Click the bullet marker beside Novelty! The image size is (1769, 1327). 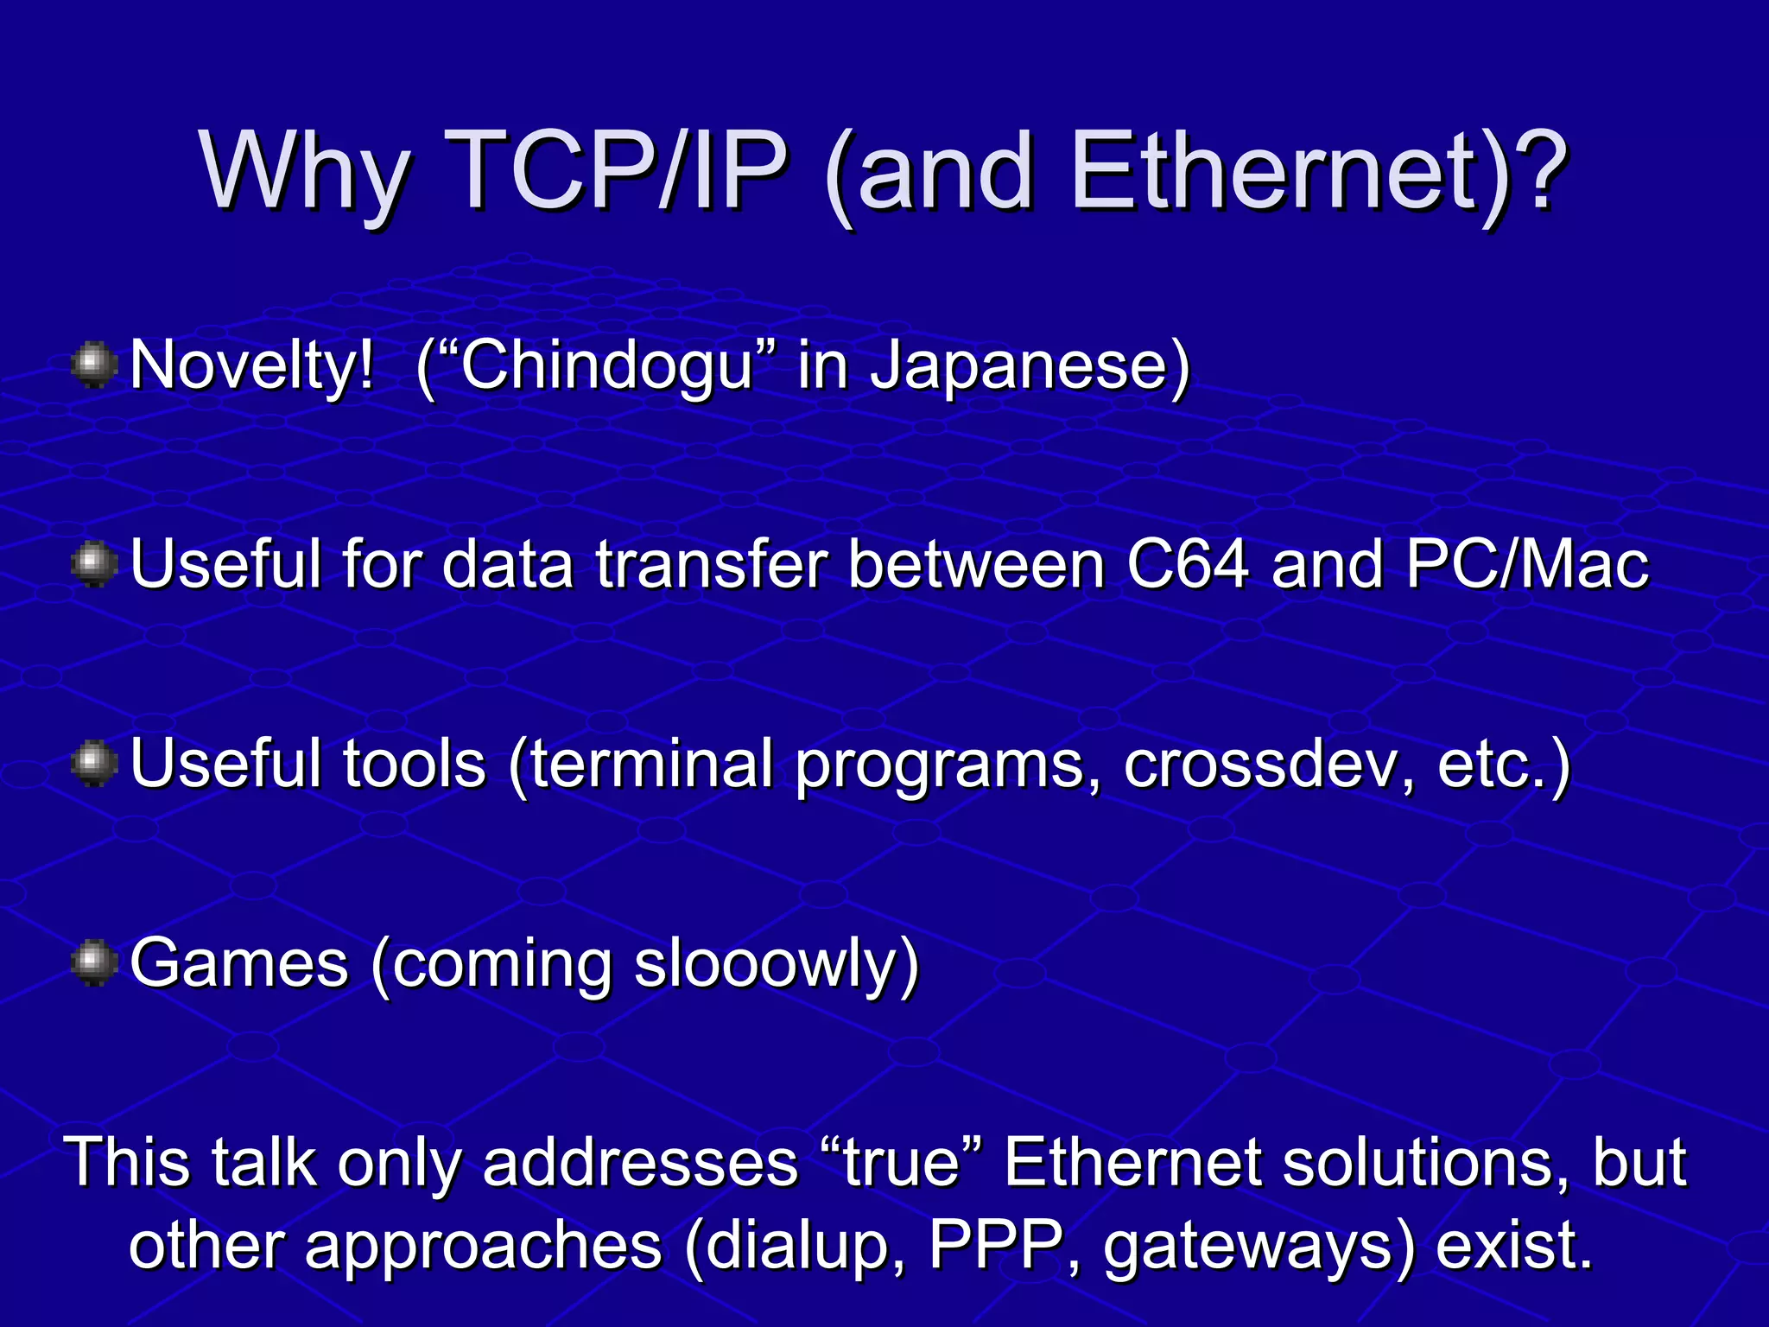click(x=94, y=365)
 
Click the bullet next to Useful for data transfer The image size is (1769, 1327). click(x=94, y=564)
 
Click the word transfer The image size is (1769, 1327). click(x=712, y=564)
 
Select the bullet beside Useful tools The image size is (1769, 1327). click(x=94, y=764)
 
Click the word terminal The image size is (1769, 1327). click(x=650, y=764)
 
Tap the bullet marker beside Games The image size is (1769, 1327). click(x=94, y=963)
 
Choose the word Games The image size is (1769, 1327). click(x=239, y=963)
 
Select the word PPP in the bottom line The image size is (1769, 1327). click(x=995, y=1246)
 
